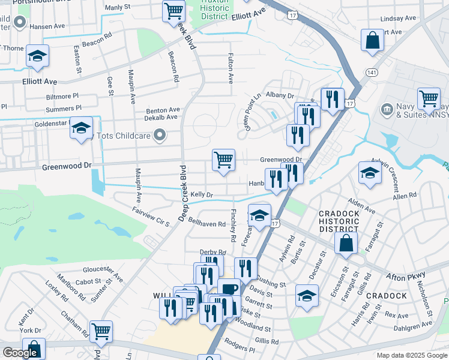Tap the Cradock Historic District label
pyautogui.click(x=339, y=221)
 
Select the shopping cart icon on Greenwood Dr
pyautogui.click(x=223, y=160)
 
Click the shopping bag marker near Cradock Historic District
pyautogui.click(x=346, y=243)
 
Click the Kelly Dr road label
pyautogui.click(x=202, y=195)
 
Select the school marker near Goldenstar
pyautogui.click(x=81, y=128)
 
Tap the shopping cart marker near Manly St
pyautogui.click(x=173, y=10)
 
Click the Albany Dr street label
pyautogui.click(x=280, y=95)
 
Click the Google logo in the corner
pyautogui.click(x=20, y=353)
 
